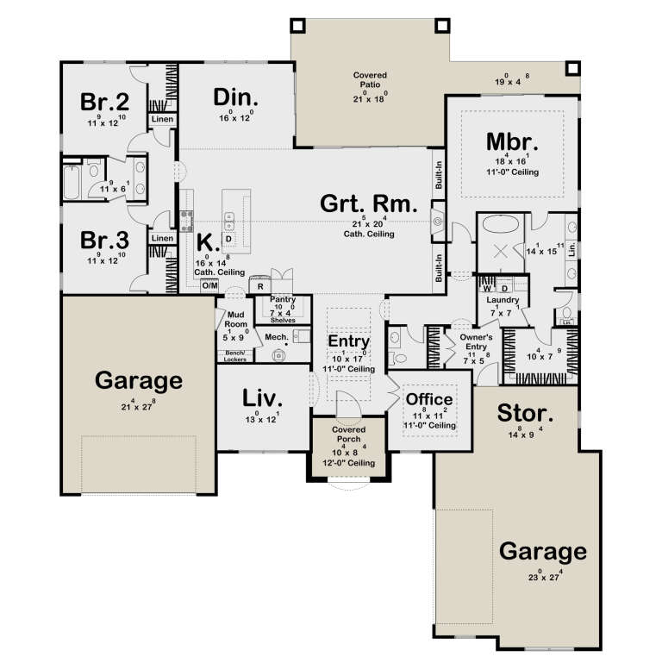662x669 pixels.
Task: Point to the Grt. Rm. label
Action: tap(368, 204)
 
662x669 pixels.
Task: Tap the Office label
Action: tap(429, 399)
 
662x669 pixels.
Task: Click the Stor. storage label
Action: tap(526, 414)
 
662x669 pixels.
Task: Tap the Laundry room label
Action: tap(500, 300)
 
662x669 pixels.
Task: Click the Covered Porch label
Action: tap(348, 434)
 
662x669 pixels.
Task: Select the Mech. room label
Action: tap(276, 338)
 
